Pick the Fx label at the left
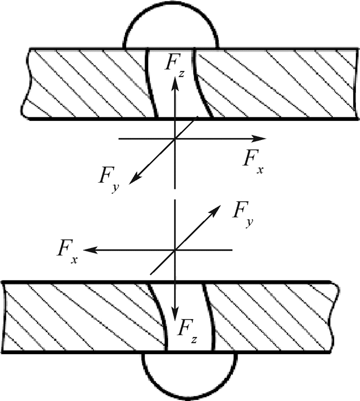[x=67, y=251]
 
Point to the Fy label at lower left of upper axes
[x=109, y=180]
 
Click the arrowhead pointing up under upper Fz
[x=175, y=83]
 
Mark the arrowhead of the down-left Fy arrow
[x=135, y=178]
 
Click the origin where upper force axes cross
[x=175, y=138]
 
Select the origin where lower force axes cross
[x=175, y=250]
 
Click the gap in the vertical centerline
[x=175, y=194]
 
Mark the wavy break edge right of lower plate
[x=335, y=317]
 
